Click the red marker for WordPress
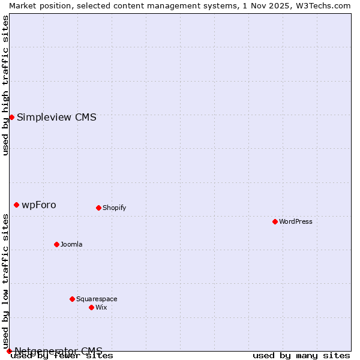point(275,221)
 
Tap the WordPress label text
point(296,221)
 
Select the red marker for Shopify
point(98,208)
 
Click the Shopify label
point(114,208)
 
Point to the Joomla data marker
point(56,244)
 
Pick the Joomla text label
point(71,244)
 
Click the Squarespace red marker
point(72,299)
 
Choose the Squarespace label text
point(97,299)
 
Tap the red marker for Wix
point(91,307)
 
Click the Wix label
point(101,307)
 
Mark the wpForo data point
point(16,205)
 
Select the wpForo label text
point(39,205)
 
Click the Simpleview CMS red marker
point(11,117)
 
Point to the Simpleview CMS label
point(56,117)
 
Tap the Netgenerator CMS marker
point(9,351)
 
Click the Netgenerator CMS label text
point(59,351)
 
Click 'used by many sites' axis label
point(301,356)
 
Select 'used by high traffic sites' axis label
point(5,85)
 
